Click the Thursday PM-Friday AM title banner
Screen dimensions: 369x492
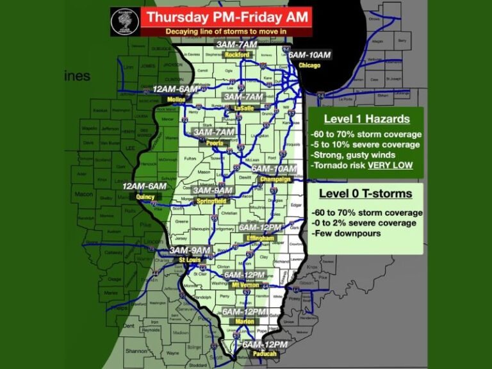click(x=226, y=17)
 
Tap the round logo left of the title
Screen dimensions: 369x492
click(x=124, y=22)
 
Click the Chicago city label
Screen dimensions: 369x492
click(x=309, y=65)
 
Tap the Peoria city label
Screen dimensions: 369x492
click(x=215, y=143)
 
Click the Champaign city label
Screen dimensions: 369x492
click(x=275, y=179)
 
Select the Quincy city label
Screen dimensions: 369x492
click(x=145, y=197)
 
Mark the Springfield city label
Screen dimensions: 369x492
click(x=211, y=200)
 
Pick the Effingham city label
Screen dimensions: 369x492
click(x=260, y=238)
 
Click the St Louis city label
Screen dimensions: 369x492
click(x=190, y=260)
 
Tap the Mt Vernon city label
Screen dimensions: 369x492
click(x=245, y=284)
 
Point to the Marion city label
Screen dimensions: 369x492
click(x=243, y=322)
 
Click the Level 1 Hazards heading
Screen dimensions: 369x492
click(x=366, y=119)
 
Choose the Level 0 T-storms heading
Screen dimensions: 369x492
click(x=368, y=193)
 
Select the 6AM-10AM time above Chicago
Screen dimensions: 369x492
click(x=309, y=55)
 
